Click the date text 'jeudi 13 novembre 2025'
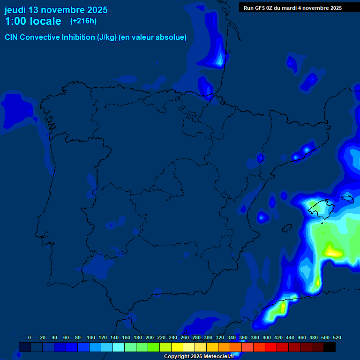pos(56,10)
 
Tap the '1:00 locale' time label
pos(33,21)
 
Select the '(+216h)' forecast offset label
pos(83,21)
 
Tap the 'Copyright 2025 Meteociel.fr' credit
pos(199,357)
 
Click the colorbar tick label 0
pos(30,337)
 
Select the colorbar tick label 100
pos(91,337)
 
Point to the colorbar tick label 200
pos(150,337)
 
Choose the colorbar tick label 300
pos(208,337)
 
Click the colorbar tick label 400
pos(267,337)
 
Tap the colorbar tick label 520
pos(337,337)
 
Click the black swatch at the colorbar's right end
pos(330,347)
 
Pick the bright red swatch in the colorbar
pos(271,347)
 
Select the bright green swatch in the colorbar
pos(154,347)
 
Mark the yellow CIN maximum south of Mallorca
pos(332,252)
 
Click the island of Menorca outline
pos(347,198)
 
